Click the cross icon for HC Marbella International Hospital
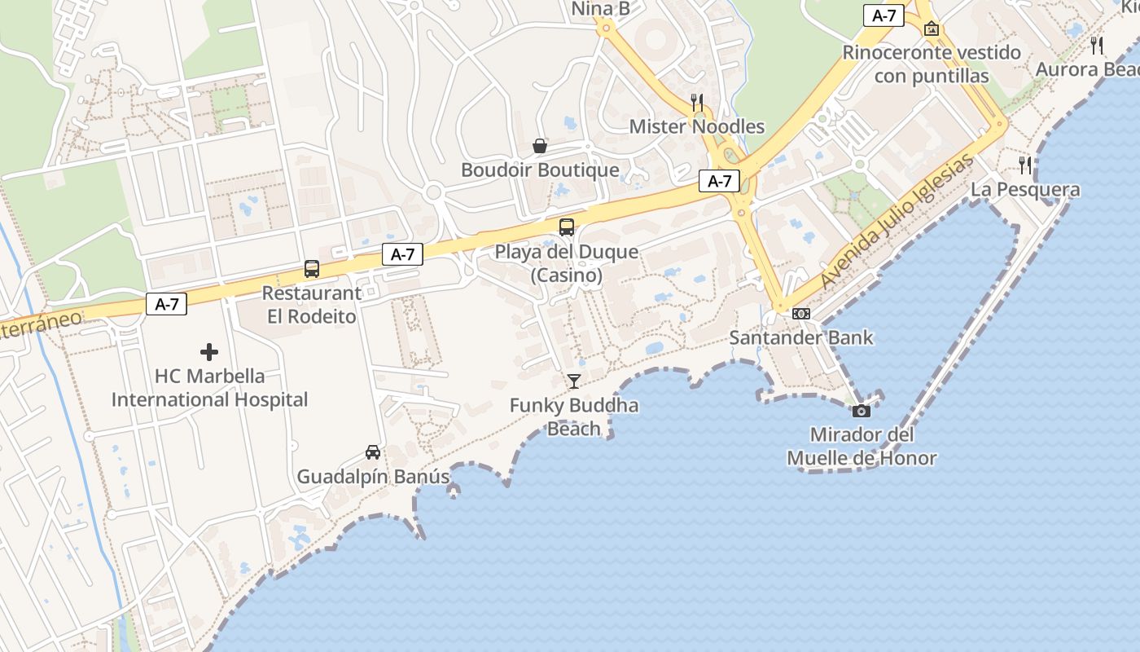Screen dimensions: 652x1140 209,352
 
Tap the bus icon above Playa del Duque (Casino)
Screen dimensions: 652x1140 567,227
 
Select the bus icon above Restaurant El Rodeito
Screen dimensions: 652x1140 312,268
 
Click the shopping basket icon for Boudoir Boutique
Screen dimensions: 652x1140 540,146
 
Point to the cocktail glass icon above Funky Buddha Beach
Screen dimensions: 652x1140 574,381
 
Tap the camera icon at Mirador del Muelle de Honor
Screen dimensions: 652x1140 861,411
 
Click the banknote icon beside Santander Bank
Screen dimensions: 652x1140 801,314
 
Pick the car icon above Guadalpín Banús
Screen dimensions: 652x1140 372,452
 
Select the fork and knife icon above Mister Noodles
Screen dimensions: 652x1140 697,102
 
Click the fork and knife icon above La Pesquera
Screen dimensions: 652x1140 1025,165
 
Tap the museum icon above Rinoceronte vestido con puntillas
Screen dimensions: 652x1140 932,29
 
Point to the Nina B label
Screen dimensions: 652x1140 601,9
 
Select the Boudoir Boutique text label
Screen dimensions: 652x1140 540,170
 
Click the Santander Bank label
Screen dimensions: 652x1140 801,337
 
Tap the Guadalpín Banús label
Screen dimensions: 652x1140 373,477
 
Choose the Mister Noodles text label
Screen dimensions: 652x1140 697,126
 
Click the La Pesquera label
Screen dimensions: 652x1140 1025,190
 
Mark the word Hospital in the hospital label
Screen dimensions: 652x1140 270,400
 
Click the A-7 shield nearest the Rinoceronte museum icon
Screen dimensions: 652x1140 883,15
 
